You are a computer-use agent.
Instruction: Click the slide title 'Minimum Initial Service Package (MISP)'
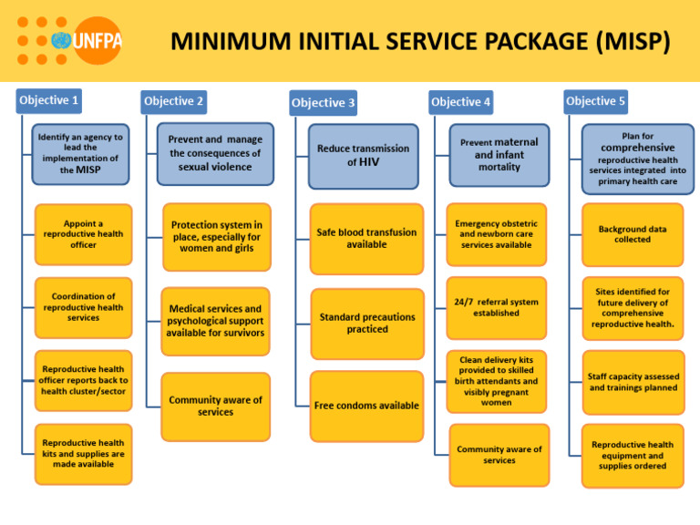[x=420, y=41]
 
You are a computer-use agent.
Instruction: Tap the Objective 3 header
[x=323, y=103]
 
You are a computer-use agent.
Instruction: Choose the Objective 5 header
[x=595, y=100]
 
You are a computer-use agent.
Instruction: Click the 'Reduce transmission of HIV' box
[x=363, y=155]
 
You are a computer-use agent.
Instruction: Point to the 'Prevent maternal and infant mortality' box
[x=499, y=155]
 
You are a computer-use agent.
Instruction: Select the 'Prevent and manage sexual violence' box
[x=215, y=153]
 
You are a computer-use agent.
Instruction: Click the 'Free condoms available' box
[x=366, y=405]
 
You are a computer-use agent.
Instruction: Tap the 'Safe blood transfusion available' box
[x=366, y=239]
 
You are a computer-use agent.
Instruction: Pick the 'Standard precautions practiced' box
[x=366, y=324]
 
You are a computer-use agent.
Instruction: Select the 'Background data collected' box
[x=632, y=234]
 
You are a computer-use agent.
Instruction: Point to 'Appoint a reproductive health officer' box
[x=83, y=234]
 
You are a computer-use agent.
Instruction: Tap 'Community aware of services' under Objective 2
[x=215, y=406]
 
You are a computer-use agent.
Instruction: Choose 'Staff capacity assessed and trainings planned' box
[x=633, y=382]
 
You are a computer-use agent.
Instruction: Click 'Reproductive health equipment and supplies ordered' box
[x=632, y=455]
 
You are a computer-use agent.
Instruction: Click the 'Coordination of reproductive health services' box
[x=83, y=307]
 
